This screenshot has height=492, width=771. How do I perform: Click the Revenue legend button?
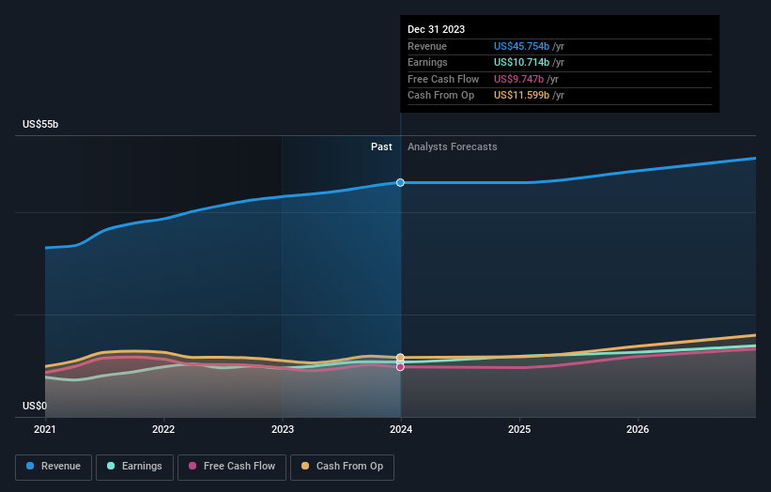pyautogui.click(x=54, y=466)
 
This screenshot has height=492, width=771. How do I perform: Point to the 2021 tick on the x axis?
pyautogui.click(x=45, y=429)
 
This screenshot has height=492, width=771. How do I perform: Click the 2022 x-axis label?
pyautogui.click(x=163, y=429)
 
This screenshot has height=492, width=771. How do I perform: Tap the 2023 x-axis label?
pyautogui.click(x=282, y=429)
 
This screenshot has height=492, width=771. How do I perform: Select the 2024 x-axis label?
pyautogui.click(x=401, y=429)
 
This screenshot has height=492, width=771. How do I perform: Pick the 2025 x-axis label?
pyautogui.click(x=519, y=429)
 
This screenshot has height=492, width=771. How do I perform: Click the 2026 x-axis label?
pyautogui.click(x=638, y=429)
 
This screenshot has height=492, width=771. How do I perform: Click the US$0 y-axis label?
pyautogui.click(x=35, y=406)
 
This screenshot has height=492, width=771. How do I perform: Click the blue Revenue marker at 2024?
pyautogui.click(x=401, y=182)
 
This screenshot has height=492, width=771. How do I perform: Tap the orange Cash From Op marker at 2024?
pyautogui.click(x=401, y=358)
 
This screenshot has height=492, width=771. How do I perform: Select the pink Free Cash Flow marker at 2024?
pyautogui.click(x=401, y=367)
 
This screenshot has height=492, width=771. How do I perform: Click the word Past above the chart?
pyautogui.click(x=381, y=146)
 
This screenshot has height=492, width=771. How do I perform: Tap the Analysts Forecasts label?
pyautogui.click(x=452, y=146)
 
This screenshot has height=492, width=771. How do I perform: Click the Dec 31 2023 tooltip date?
pyautogui.click(x=436, y=30)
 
